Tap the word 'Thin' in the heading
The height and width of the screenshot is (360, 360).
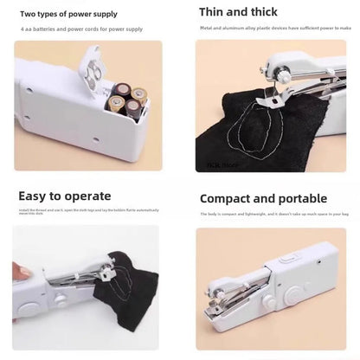pyautogui.click(x=214, y=12)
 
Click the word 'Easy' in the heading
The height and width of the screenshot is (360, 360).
pyautogui.click(x=36, y=196)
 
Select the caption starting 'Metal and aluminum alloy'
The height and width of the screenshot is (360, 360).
pyautogui.click(x=275, y=29)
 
